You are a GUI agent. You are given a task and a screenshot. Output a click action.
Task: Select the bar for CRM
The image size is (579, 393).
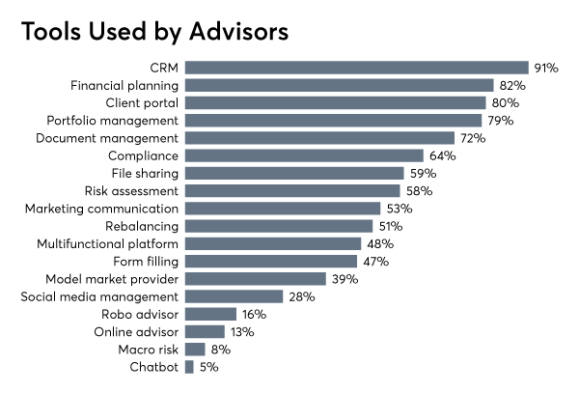[x=356, y=68]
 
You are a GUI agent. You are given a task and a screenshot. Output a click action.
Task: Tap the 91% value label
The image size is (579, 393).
[x=547, y=68]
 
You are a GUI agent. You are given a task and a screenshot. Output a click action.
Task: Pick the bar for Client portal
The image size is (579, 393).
[x=335, y=102]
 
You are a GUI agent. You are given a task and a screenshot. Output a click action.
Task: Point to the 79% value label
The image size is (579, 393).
[x=500, y=121]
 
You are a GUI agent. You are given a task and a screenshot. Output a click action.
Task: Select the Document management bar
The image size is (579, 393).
[x=319, y=138]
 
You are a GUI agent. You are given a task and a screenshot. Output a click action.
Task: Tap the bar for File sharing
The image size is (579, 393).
[x=294, y=173]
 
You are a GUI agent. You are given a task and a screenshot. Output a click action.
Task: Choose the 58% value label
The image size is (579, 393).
[x=419, y=190]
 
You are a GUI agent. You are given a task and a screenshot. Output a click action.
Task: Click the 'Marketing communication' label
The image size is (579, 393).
[x=101, y=208]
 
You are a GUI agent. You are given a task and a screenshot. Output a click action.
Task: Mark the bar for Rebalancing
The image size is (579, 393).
[x=279, y=226]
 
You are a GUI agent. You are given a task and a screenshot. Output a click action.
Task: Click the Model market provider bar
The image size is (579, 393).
[x=255, y=278]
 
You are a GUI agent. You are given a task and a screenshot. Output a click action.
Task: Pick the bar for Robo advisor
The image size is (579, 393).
[x=210, y=314]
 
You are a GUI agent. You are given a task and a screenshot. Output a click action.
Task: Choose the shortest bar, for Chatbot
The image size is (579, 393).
[x=189, y=367]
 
